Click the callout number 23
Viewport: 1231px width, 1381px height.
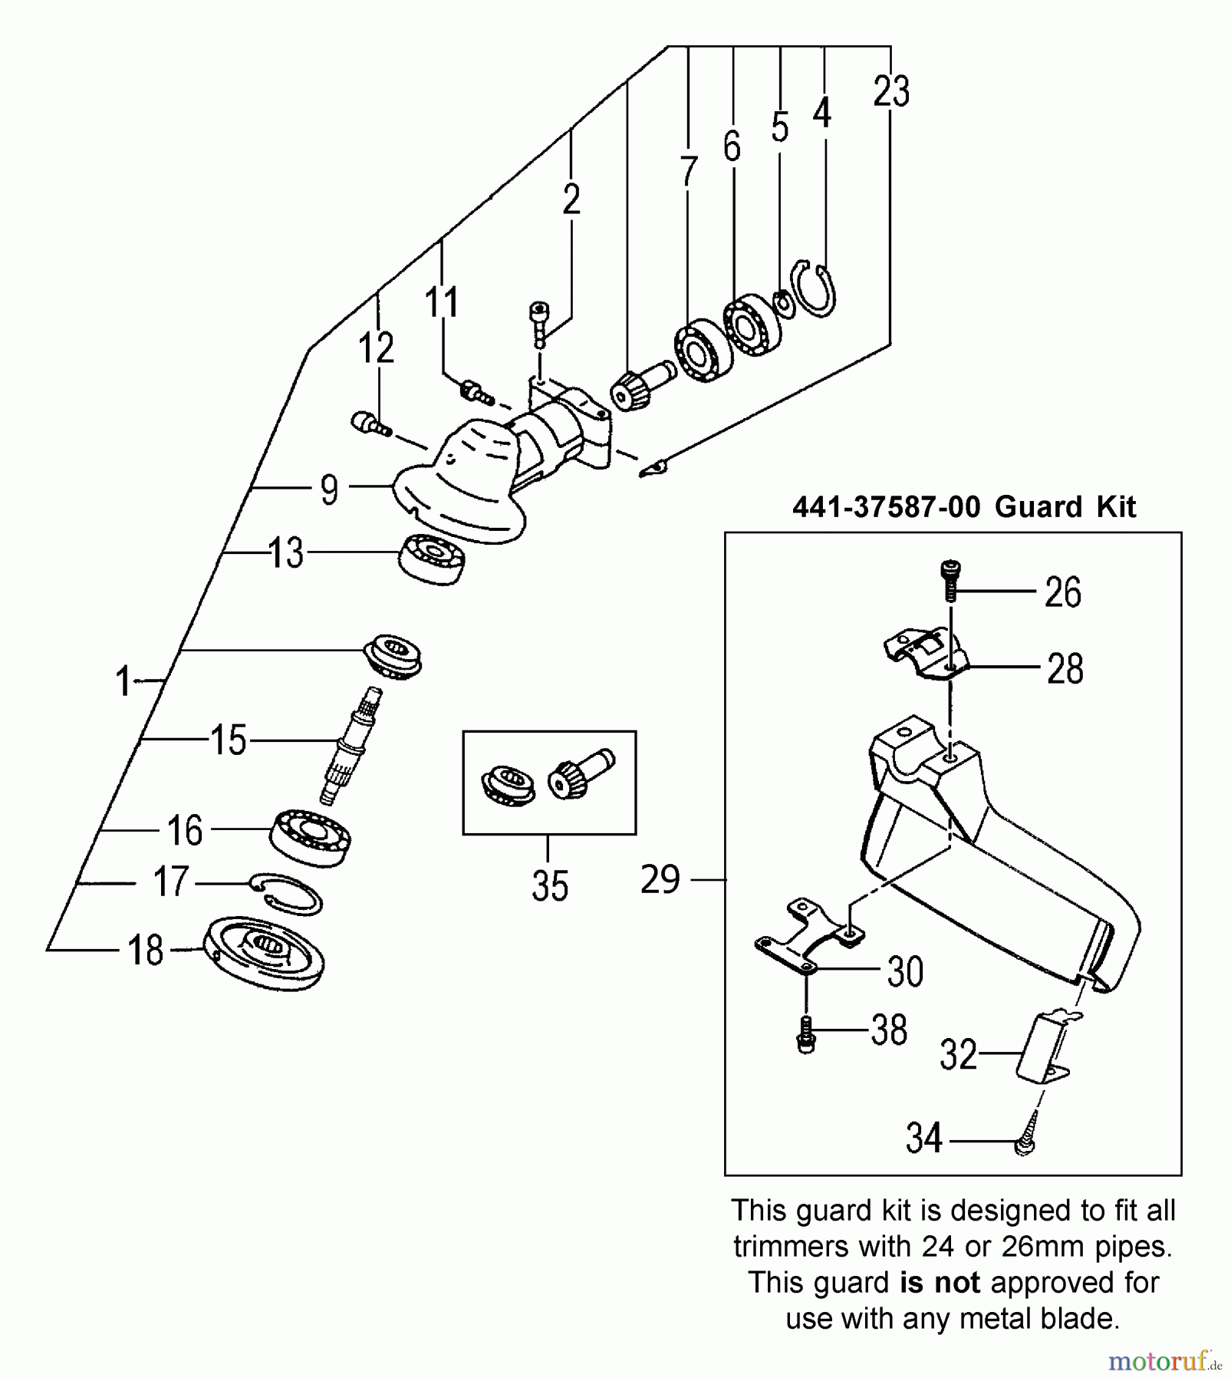[x=891, y=92]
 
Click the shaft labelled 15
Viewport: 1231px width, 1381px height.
[x=350, y=745]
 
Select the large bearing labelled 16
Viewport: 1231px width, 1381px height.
[x=311, y=837]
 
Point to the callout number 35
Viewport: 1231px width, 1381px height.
[x=549, y=885]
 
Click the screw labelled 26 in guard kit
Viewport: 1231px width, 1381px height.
[x=951, y=580]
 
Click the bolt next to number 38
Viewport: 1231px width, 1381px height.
[x=805, y=1034]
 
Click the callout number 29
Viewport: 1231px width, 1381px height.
[x=660, y=879]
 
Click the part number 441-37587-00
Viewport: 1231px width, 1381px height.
[x=886, y=507]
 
